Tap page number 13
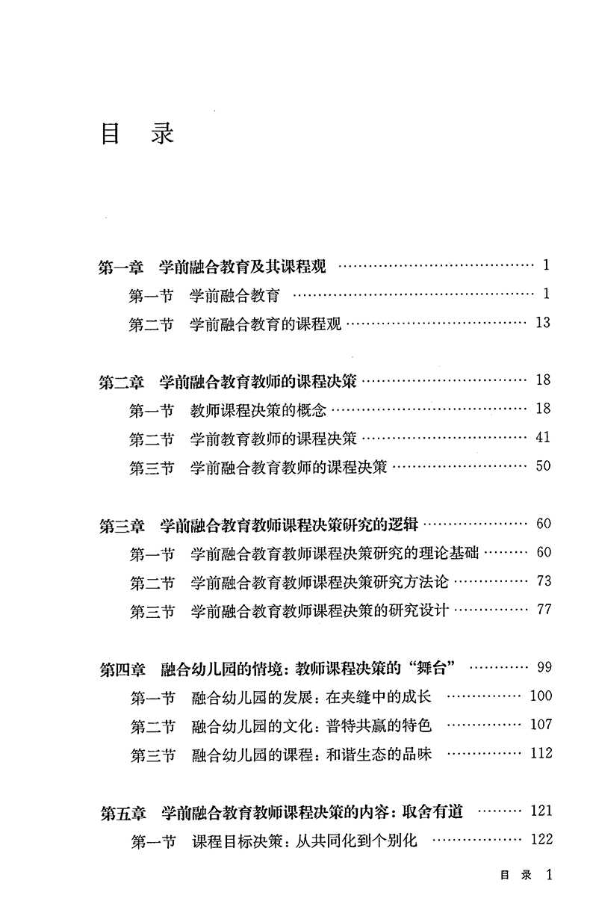click(x=543, y=323)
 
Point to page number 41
click(x=543, y=437)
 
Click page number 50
click(x=543, y=466)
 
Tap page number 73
click(x=543, y=581)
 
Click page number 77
click(x=543, y=609)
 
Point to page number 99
click(x=543, y=667)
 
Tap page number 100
click(x=540, y=696)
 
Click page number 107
click(x=540, y=724)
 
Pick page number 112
click(x=540, y=753)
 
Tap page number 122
click(x=540, y=839)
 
